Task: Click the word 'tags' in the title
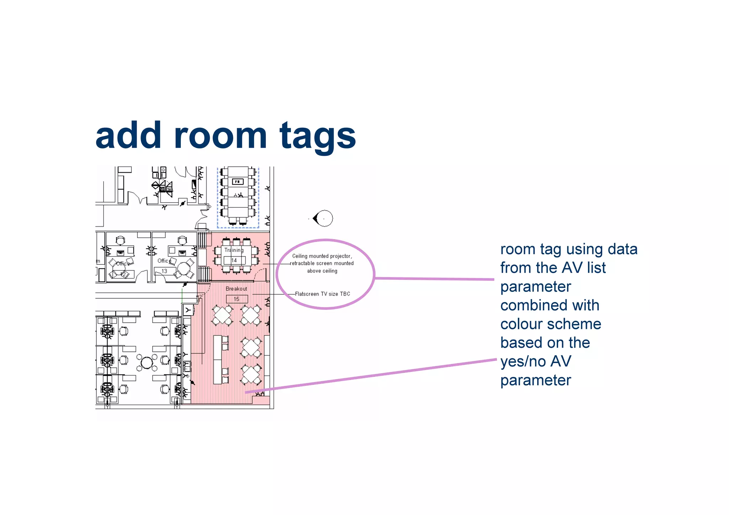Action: tap(318, 136)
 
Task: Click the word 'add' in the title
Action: tap(129, 136)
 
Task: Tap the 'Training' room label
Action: tap(234, 250)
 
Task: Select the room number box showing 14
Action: tap(234, 260)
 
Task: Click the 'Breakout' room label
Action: tap(236, 289)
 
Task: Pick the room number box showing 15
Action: tap(237, 299)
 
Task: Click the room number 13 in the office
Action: tap(164, 271)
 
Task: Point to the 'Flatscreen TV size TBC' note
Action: tap(322, 294)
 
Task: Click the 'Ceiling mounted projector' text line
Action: tap(322, 256)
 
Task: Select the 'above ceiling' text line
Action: tap(322, 271)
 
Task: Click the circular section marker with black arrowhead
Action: tap(323, 218)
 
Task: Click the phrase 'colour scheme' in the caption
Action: tap(551, 324)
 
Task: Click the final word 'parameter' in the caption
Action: tap(535, 380)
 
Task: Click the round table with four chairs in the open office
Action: tap(147, 363)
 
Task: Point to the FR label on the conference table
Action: tap(237, 182)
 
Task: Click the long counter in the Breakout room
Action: tap(217, 359)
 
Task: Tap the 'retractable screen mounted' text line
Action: tap(322, 263)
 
